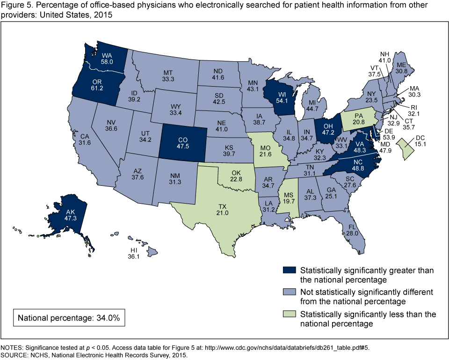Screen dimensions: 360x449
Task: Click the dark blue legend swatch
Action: [x=289, y=271]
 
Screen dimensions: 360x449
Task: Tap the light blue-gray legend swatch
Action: [x=289, y=292]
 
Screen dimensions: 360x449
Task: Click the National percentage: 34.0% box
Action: [x=69, y=318]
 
